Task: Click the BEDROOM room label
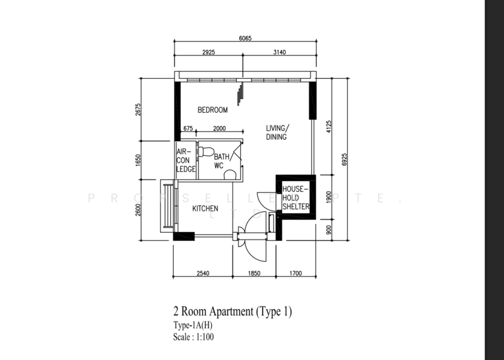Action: tap(212, 110)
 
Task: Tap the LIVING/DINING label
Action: tap(277, 132)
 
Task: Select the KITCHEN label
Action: tap(205, 209)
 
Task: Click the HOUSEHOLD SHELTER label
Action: tap(294, 198)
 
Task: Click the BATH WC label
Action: tap(221, 161)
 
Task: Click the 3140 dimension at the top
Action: tap(279, 52)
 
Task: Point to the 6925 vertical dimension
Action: tap(343, 158)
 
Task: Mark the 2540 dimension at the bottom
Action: tap(203, 274)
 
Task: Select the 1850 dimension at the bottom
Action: tap(253, 274)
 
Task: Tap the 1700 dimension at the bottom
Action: tap(295, 274)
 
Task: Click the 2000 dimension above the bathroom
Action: tap(219, 129)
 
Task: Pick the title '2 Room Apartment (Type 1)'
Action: tap(232, 311)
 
